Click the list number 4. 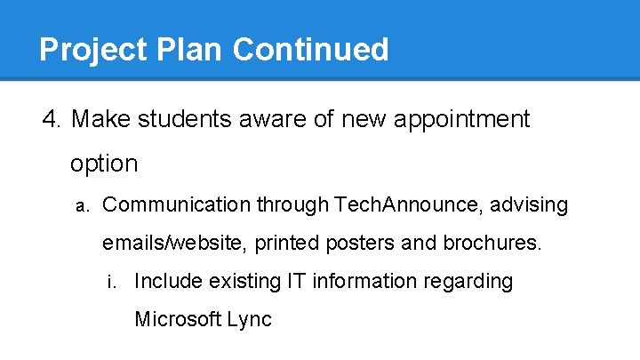pos(52,118)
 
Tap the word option pos(104,164)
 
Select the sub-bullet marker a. pos(81,206)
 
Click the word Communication pos(177,205)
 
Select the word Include pos(168,282)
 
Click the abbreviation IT pos(297,282)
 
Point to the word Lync pos(251,319)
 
